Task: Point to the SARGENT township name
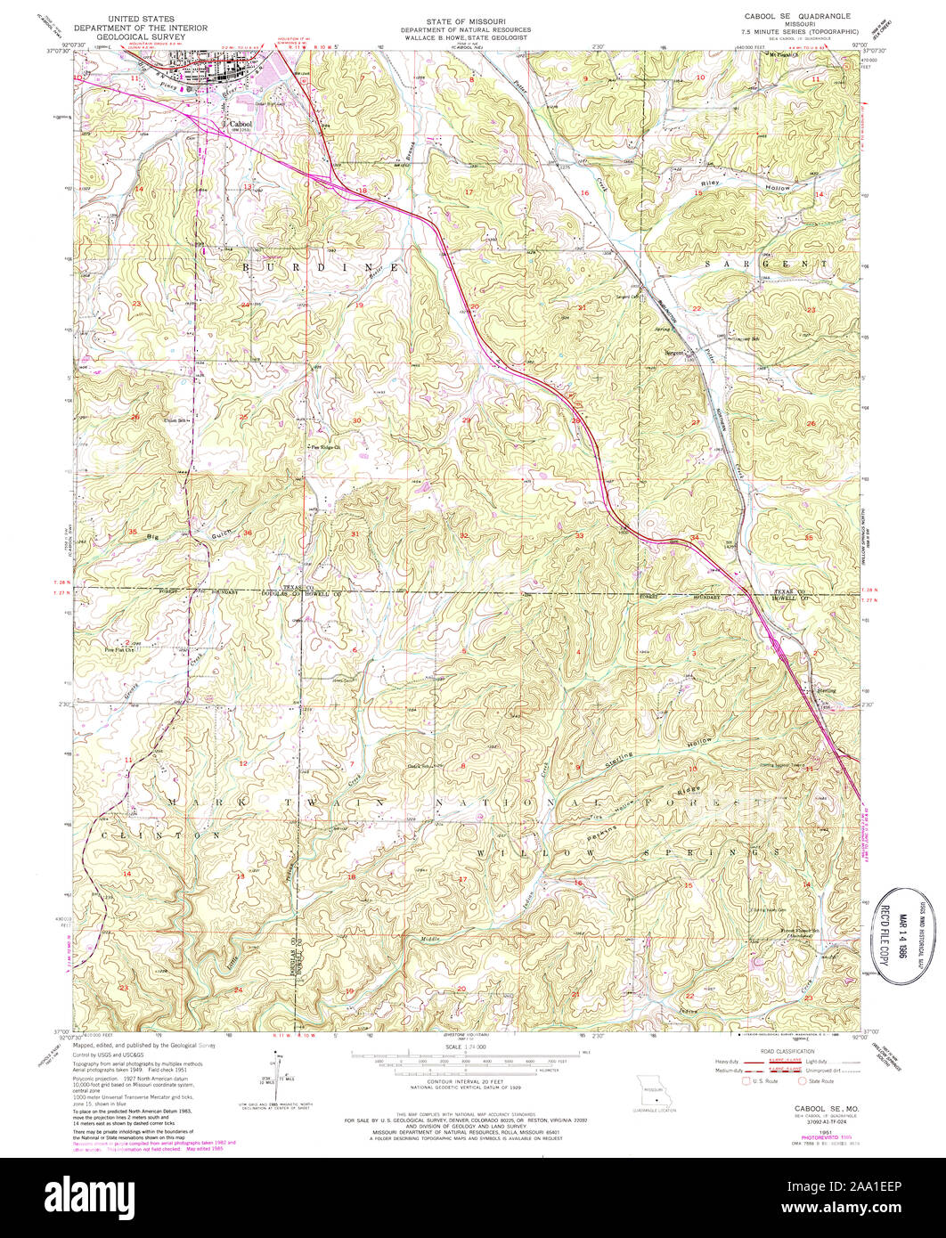(757, 265)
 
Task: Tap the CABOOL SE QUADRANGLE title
(797, 16)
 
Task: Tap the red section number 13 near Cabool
(249, 187)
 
